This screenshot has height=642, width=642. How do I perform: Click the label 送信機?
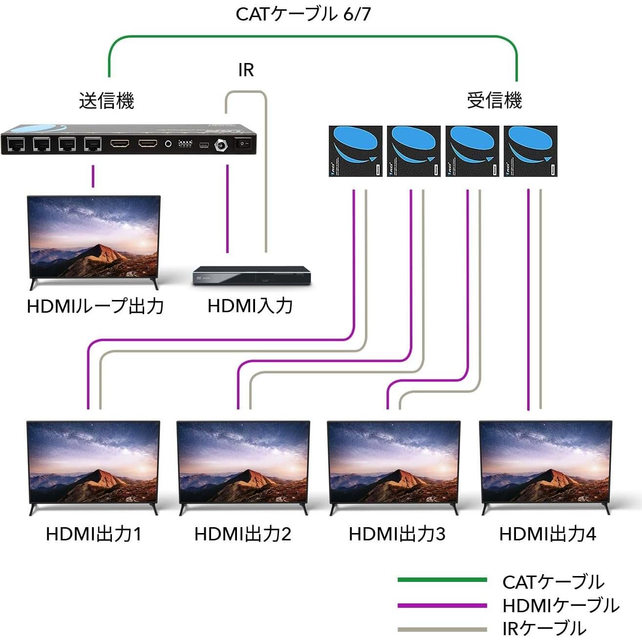point(107,101)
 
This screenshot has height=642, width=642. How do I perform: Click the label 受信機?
point(494,101)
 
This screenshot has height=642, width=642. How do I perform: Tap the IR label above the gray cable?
point(246,70)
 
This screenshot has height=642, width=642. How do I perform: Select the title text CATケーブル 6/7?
point(303,14)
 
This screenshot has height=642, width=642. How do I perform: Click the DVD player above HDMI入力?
point(252,276)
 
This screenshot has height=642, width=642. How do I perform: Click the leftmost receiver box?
point(355,151)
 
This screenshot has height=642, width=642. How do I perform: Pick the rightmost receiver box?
point(530,151)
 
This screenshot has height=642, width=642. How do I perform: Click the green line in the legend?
point(442,580)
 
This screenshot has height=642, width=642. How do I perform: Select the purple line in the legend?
point(442,606)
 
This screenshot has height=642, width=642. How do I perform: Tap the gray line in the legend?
point(442,629)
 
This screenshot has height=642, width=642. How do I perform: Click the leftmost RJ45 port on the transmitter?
point(16,144)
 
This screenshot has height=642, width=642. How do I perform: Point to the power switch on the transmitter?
point(242,144)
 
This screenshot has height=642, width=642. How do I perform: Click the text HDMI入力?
point(250,306)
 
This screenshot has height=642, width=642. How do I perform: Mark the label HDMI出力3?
point(397,534)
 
